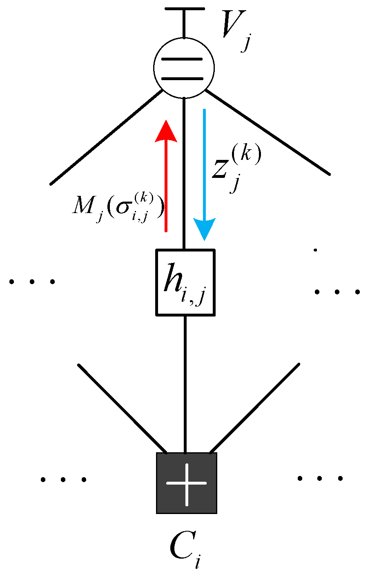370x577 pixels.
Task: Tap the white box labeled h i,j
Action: coord(185,282)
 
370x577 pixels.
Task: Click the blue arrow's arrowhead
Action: coord(204,229)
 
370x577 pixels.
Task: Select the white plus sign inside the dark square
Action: coord(186,483)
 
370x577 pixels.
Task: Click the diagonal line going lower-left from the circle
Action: coord(106,137)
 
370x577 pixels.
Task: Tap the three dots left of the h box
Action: coord(32,282)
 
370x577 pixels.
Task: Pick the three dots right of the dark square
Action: coord(320,478)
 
